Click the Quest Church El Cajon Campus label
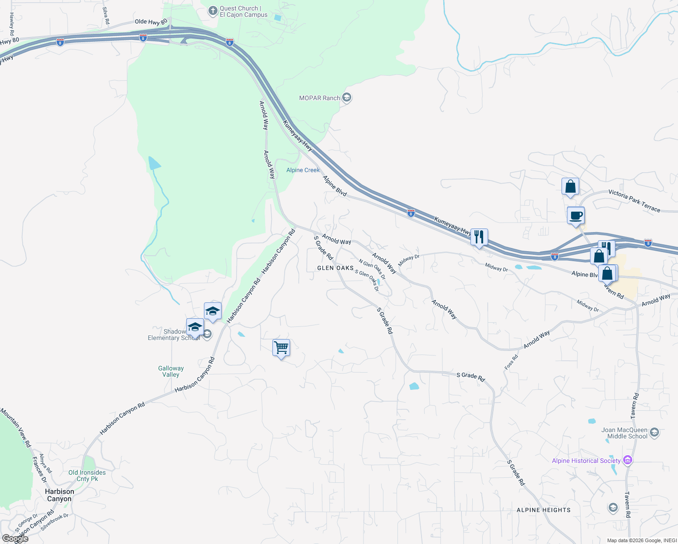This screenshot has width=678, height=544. [x=243, y=11]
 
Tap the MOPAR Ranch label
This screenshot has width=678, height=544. [x=320, y=98]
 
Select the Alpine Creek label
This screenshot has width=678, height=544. [x=303, y=170]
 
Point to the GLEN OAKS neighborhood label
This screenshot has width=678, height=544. [x=335, y=268]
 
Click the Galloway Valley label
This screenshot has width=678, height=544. [x=171, y=372]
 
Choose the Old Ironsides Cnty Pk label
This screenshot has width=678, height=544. [x=87, y=476]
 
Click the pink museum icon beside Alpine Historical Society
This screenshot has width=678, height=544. [x=628, y=461]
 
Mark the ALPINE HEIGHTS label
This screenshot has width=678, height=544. [x=543, y=510]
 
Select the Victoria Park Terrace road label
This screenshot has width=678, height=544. [x=634, y=201]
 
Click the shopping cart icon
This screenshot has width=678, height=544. [x=281, y=348]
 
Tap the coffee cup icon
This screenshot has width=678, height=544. [x=576, y=215]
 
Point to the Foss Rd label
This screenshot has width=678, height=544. [x=511, y=362]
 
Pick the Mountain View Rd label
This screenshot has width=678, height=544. [x=16, y=427]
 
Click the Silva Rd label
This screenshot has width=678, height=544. [x=106, y=15]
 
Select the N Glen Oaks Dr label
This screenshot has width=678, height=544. [x=372, y=269]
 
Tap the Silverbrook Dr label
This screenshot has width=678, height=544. [x=54, y=522]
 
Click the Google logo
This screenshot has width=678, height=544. [x=15, y=539]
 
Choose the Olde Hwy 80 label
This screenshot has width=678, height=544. [x=151, y=22]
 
